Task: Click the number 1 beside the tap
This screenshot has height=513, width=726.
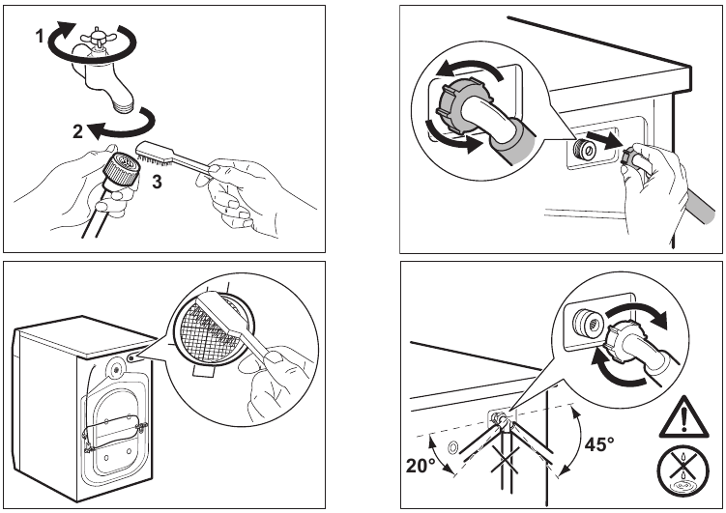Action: coord(41,36)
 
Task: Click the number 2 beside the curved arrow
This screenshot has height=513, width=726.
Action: coord(77,131)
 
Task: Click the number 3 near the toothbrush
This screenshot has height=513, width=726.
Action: coord(157,182)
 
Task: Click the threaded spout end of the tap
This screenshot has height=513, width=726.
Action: coord(123,106)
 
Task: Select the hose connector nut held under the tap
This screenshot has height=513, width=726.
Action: coord(121,167)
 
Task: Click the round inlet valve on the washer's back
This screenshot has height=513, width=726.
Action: coord(114,368)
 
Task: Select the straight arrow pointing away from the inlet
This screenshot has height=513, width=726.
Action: coord(603,140)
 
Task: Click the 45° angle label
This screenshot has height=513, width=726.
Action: coord(598,444)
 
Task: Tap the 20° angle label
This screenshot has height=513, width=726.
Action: coord(420,465)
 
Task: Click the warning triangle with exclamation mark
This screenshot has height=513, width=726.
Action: coord(683,416)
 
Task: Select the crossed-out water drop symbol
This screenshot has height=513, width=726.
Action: coord(682,471)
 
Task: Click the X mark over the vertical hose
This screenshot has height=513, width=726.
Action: coord(505,459)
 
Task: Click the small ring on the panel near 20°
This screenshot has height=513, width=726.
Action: coord(452,447)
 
